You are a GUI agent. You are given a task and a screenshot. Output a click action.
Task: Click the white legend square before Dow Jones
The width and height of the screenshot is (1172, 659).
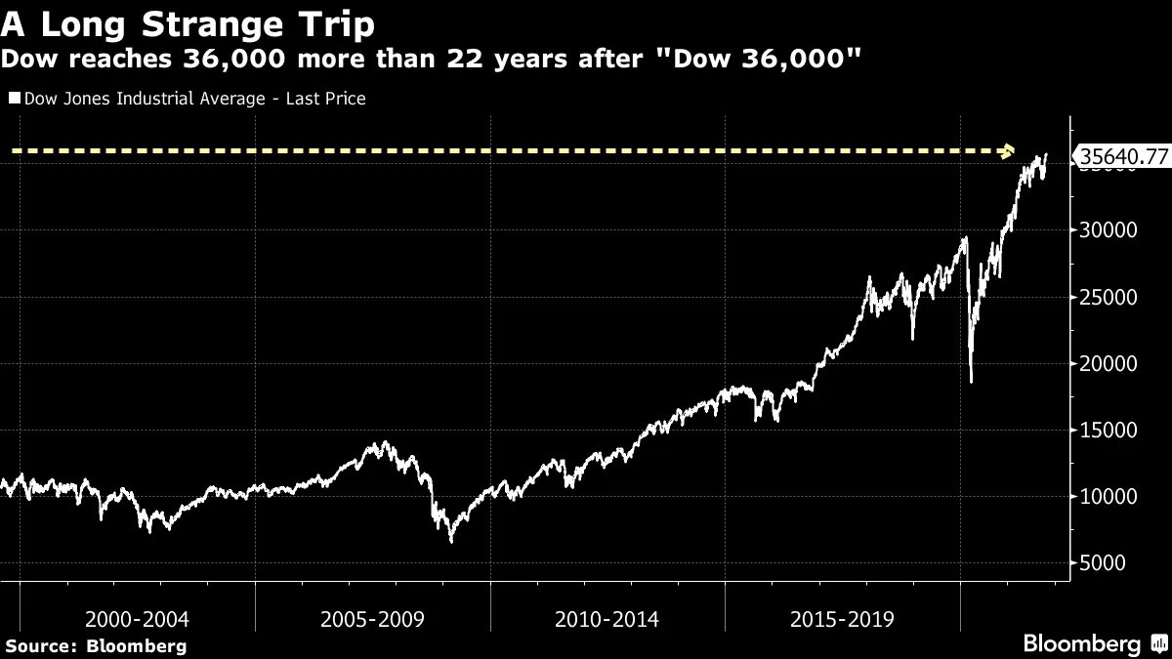tap(14, 99)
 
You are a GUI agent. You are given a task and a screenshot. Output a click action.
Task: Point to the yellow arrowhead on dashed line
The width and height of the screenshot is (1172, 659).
tap(1010, 151)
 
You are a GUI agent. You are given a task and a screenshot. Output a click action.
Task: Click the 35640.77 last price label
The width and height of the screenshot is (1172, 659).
tap(1120, 156)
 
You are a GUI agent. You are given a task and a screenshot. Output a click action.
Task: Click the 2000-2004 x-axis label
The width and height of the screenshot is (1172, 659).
tap(137, 619)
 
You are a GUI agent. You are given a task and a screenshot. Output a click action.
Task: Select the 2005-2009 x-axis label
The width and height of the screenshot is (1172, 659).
tap(371, 619)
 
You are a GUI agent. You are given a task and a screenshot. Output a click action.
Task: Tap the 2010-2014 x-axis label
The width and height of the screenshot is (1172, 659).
tap(607, 619)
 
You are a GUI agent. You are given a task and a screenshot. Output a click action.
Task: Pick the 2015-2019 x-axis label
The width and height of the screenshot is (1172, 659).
tap(841, 619)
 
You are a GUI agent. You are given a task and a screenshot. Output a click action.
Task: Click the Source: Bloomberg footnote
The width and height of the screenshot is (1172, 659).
tap(96, 645)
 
